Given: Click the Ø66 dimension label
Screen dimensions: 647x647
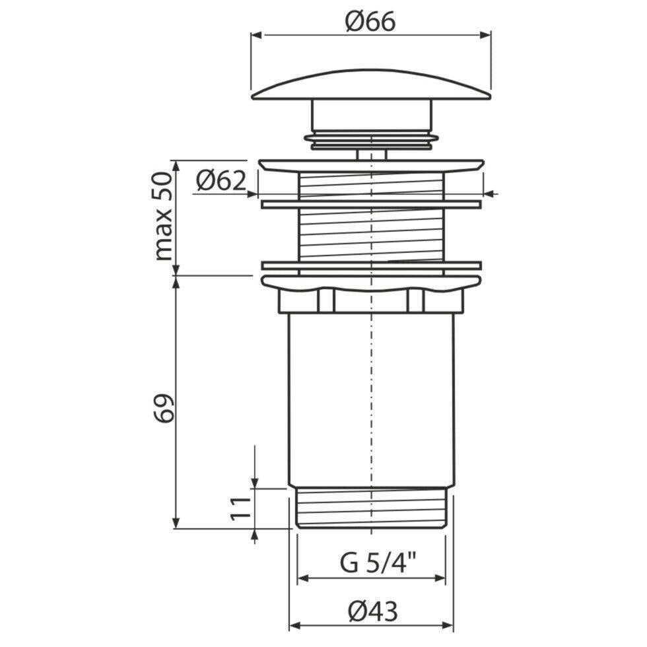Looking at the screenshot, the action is coord(370,22).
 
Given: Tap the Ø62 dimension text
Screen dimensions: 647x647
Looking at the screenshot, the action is coord(221,181).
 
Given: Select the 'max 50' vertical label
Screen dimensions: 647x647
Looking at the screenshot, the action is coord(163,217).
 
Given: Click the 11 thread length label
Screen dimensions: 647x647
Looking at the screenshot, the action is coord(240,509).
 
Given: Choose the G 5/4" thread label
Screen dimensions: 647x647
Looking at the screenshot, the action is coord(378,563).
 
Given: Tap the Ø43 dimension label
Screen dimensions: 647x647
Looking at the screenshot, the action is coord(372,611).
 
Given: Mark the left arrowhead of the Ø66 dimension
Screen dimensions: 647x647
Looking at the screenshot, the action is coord(257,35).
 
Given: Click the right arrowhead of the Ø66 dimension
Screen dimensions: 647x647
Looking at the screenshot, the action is coord(485,35).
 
